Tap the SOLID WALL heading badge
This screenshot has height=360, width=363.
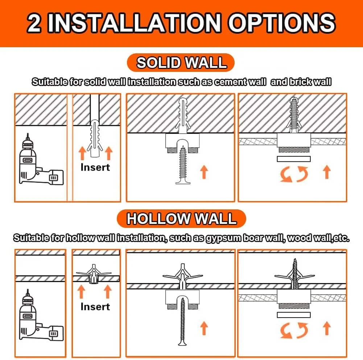click(181, 62)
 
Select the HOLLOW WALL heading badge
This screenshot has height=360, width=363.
click(181, 219)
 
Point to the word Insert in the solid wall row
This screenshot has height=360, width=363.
click(95, 167)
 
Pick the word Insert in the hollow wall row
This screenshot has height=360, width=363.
click(95, 307)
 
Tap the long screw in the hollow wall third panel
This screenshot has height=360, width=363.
click(183, 322)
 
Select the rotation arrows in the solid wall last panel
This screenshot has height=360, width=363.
click(294, 174)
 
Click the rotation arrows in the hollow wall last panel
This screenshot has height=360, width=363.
click(294, 330)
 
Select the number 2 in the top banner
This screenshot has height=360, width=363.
click(34, 23)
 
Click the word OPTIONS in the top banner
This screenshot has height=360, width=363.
click(282, 23)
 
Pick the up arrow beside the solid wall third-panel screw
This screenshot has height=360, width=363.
click(204, 172)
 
